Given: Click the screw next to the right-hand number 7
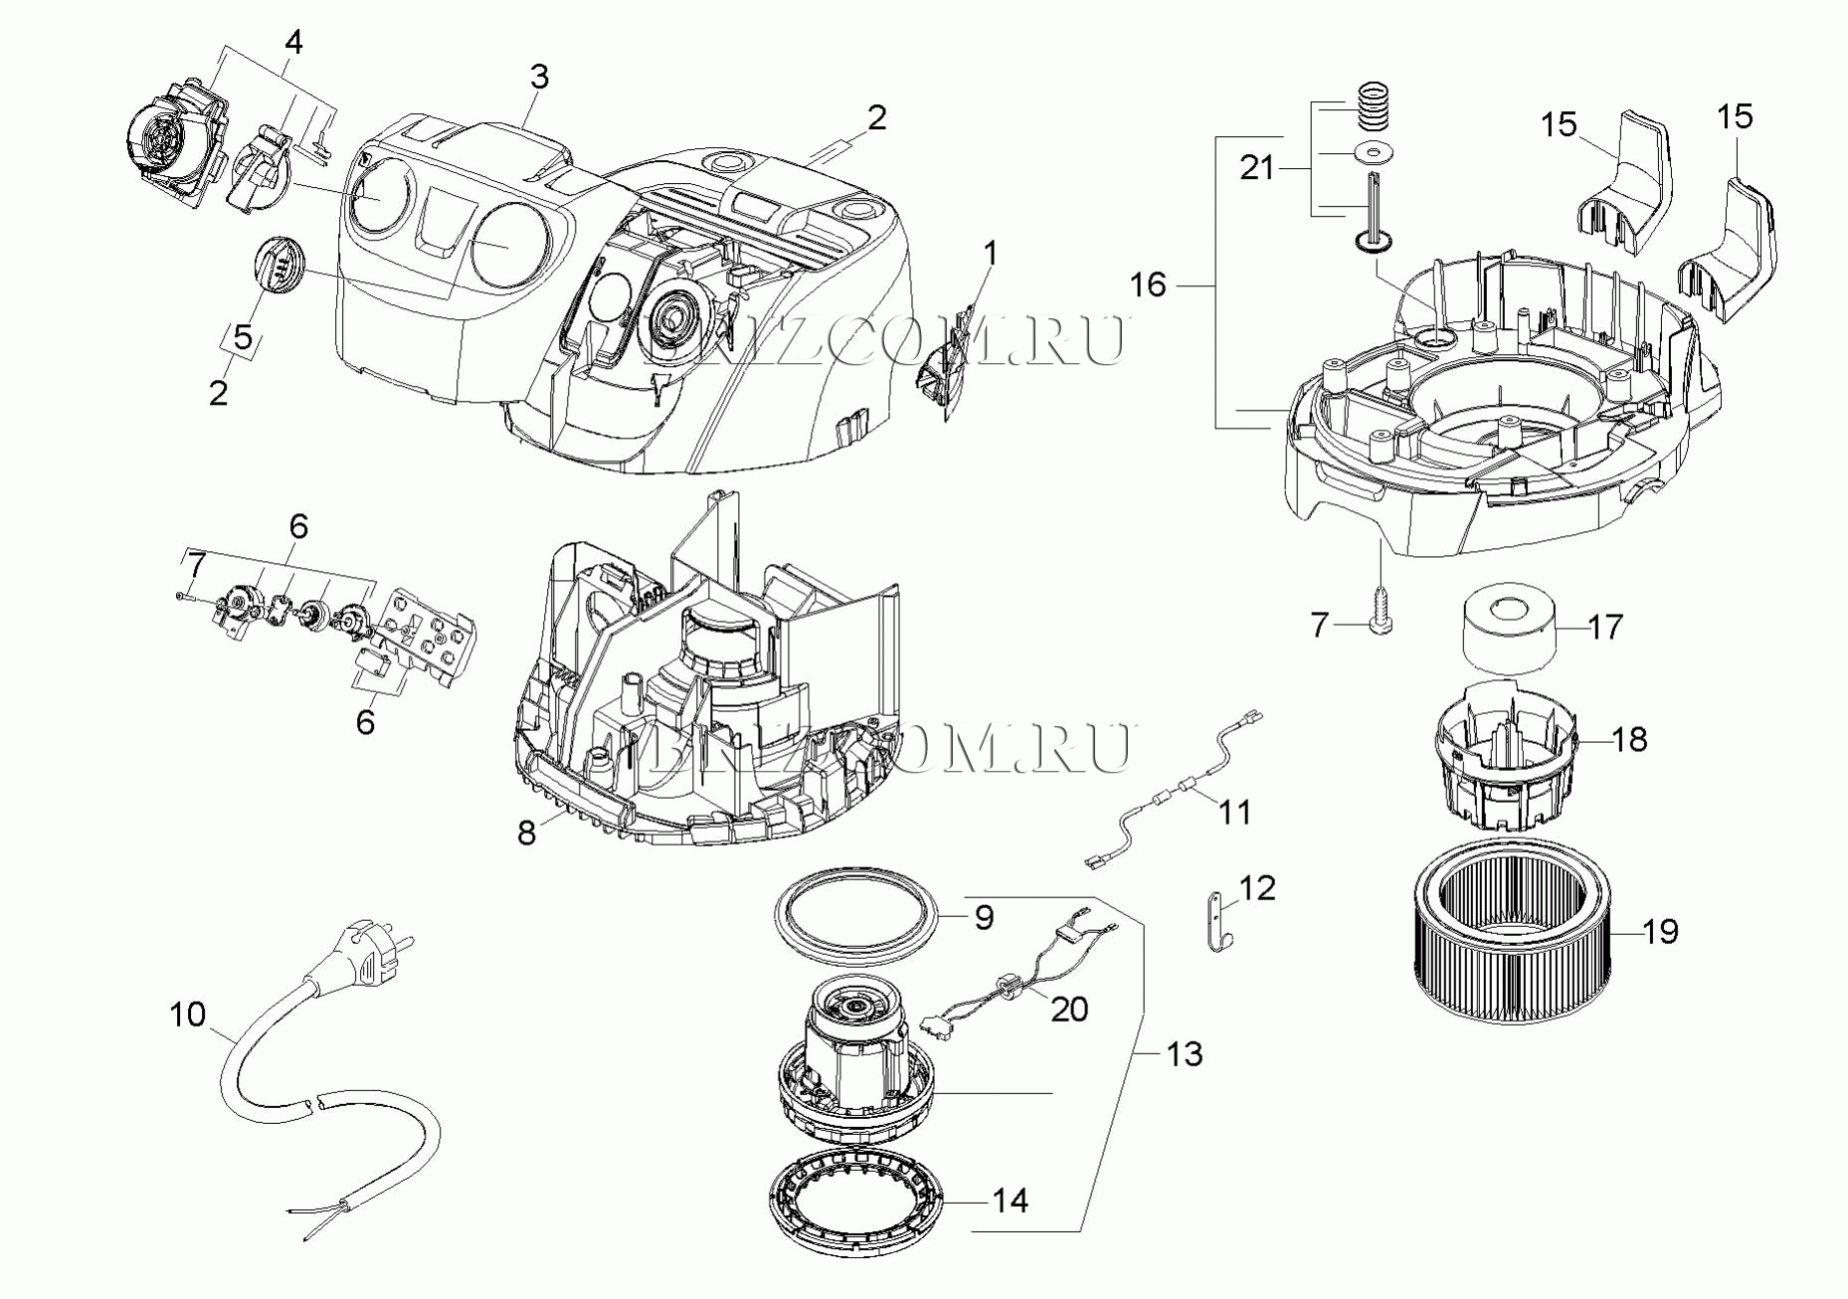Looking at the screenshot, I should pyautogui.click(x=1380, y=611).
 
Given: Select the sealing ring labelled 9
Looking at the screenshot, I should pyautogui.click(x=855, y=913).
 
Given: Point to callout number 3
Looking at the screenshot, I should pyautogui.click(x=538, y=77).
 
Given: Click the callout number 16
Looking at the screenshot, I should pyautogui.click(x=1148, y=285).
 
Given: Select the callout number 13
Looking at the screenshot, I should pyautogui.click(x=1184, y=1054).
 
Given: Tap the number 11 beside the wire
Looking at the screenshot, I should pyautogui.click(x=1234, y=813).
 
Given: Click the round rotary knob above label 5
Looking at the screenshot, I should pyautogui.click(x=278, y=264).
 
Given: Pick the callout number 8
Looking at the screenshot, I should pyautogui.click(x=526, y=833).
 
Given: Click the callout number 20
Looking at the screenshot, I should pyautogui.click(x=1069, y=1009).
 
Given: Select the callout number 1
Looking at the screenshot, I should pyautogui.click(x=990, y=254).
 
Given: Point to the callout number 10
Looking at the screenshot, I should pyautogui.click(x=187, y=1016).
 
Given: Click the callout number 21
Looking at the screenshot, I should pyautogui.click(x=1257, y=168).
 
